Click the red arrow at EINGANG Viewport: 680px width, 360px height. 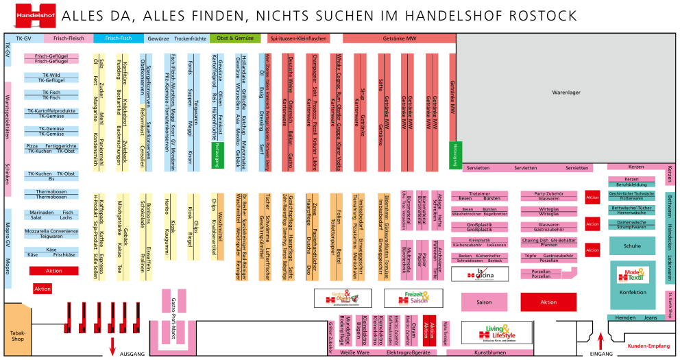(601, 340)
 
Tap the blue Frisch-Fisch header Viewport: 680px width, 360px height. (118, 38)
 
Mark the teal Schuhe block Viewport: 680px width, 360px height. (632, 245)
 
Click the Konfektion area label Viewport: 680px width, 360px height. (632, 293)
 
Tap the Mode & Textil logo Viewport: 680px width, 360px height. (633, 274)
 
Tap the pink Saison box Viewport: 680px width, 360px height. (484, 302)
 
